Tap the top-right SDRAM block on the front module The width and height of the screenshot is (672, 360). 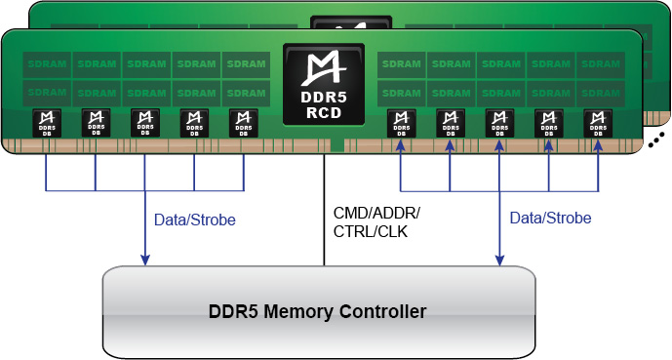(x=599, y=64)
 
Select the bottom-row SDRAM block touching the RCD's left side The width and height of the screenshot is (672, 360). (x=245, y=92)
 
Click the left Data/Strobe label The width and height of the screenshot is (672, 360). (x=195, y=220)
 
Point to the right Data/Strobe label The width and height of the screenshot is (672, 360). (x=550, y=219)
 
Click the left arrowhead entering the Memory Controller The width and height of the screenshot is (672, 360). (x=145, y=260)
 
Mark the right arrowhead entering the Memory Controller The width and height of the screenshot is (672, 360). (x=498, y=260)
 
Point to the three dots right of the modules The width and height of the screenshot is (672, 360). (x=655, y=140)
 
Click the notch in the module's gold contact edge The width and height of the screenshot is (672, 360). (x=336, y=146)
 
